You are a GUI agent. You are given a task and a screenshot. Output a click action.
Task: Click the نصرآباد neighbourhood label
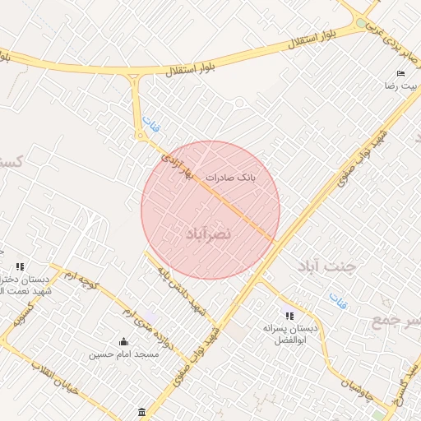coord(210,234)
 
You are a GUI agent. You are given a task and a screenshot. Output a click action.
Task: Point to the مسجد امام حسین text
coord(124,355)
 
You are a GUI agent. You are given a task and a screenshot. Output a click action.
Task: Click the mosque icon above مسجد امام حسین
coord(124,342)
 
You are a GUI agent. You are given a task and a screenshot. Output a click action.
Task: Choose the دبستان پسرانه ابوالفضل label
coord(289,332)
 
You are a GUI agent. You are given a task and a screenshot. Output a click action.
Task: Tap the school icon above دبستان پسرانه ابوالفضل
coord(289,314)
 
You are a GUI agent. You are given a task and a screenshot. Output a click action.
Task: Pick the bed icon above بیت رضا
coord(401,73)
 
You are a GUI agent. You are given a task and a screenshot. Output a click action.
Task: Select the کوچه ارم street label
coord(81,280)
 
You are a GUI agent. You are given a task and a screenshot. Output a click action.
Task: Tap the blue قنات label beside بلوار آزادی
coord(150,125)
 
